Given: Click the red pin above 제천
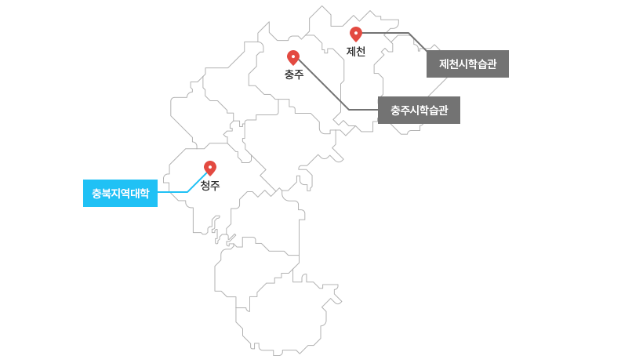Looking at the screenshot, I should point(356,34).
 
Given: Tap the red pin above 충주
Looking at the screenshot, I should point(293,57).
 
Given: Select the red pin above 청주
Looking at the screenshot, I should point(210,168).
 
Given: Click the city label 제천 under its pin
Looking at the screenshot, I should point(356,52).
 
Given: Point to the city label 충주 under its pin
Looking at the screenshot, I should point(294,74).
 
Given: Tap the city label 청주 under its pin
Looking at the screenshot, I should point(210,186).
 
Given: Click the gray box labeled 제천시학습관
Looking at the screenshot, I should point(467,64).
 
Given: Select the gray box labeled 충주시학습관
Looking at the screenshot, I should point(419,111).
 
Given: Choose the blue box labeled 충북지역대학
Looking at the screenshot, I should point(120,193).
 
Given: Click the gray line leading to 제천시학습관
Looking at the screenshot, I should point(388,33).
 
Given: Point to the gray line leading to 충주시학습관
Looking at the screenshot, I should point(329,90).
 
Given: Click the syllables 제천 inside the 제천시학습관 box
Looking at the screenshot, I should point(449,64).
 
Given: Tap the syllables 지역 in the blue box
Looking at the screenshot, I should point(120,193).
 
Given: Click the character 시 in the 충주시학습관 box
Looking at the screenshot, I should point(414,111).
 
